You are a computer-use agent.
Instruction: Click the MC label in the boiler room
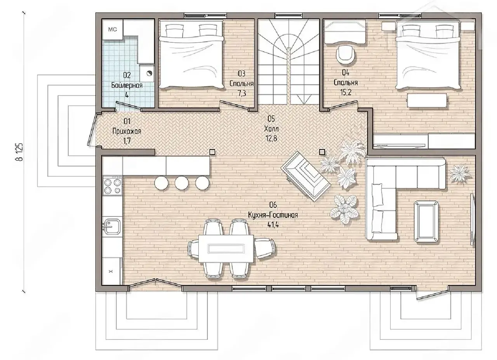[x=113, y=29]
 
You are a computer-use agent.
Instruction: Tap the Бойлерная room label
[x=127, y=85]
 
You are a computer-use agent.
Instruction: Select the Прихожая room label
[x=127, y=131]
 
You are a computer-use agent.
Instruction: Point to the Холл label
[x=271, y=129]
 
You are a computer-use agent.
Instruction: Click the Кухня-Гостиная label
[x=273, y=215]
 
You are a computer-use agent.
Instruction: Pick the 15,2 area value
[x=346, y=92]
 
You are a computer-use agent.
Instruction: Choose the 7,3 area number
[x=242, y=93]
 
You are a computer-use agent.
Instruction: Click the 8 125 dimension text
[x=19, y=151]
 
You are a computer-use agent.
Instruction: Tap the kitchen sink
[x=113, y=227]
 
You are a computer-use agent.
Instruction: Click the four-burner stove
[x=113, y=186]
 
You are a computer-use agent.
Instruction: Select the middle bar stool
[x=181, y=183]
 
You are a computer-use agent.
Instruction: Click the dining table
[x=226, y=249]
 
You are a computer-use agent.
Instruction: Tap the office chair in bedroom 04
[x=346, y=55]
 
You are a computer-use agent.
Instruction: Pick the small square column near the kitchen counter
[x=212, y=152]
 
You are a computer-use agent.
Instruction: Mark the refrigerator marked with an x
[x=111, y=271]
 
